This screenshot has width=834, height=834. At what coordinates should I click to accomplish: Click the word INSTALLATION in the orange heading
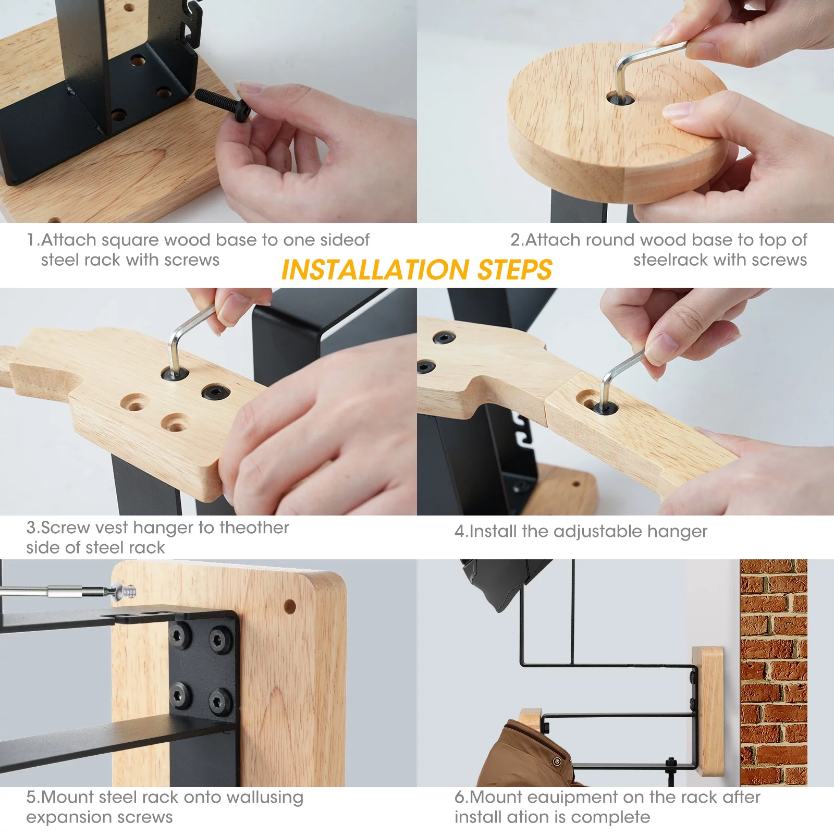coord(375,270)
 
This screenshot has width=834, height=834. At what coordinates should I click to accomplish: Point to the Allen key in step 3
coord(180,339)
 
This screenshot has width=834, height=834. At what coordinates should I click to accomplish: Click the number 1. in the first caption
coord(33,240)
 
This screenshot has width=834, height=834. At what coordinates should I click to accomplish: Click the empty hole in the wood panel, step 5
coord(290,606)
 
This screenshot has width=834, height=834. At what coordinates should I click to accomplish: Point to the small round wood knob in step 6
coord(530,718)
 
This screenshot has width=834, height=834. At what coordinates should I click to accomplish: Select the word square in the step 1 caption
coord(130,240)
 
